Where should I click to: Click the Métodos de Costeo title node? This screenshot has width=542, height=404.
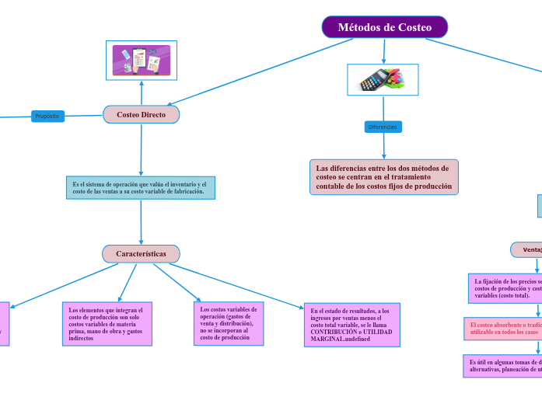[384, 27]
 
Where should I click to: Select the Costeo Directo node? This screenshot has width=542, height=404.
[141, 114]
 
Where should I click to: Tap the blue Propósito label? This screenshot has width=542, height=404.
[47, 116]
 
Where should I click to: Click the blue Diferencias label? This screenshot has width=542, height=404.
[383, 126]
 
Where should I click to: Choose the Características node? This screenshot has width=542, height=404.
[141, 254]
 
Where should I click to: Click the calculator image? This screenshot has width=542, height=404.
[382, 79]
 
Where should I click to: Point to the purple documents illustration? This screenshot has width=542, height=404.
[142, 60]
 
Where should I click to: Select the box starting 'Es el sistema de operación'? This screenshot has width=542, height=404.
[141, 187]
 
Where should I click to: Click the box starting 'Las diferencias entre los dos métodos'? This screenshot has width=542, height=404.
[383, 177]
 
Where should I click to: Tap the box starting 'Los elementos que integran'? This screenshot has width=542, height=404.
[107, 323]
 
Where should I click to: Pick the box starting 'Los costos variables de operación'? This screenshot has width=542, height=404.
[226, 322]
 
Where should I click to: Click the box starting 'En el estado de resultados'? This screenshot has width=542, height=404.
[352, 325]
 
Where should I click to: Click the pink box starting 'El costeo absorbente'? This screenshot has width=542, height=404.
[503, 328]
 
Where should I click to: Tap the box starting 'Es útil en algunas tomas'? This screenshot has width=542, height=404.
[504, 365]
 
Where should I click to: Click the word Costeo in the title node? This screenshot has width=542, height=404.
[414, 27]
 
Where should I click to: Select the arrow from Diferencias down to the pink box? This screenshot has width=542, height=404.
[383, 146]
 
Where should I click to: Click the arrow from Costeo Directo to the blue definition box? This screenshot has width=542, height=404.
[141, 150]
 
